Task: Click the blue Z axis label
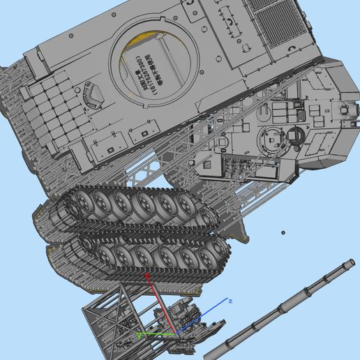(x=230, y=301)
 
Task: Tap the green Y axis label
(x=140, y=336)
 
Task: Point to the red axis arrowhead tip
(x=147, y=276)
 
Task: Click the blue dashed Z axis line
(x=206, y=316)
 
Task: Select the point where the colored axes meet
(x=175, y=333)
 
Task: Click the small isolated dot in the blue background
(x=283, y=232)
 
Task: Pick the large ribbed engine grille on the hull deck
(x=279, y=24)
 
